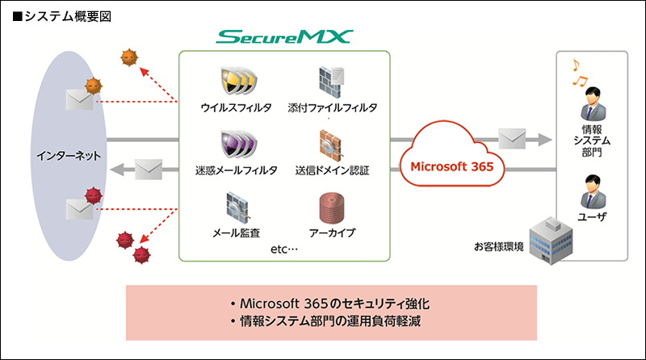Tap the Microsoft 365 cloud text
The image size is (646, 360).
pos(453,167)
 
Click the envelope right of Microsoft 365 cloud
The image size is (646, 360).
pos(514,138)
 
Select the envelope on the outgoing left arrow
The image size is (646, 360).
pos(149,170)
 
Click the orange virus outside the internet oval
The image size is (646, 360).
pos(128,57)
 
